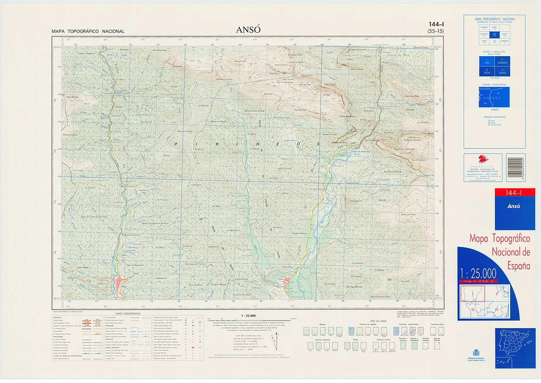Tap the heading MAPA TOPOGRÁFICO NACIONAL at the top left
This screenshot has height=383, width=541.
pos(88,31)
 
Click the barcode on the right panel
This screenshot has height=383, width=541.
pos(516,168)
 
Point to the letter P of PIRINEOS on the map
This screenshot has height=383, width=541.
pos(175,144)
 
